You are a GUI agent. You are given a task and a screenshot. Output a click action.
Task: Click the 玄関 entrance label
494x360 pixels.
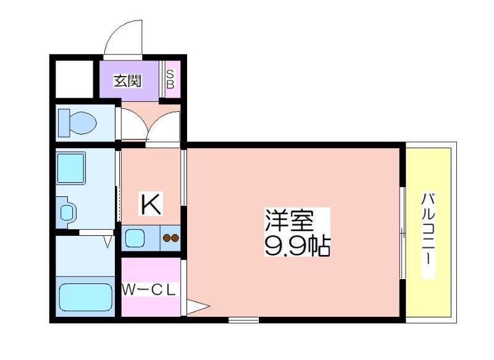click(128, 81)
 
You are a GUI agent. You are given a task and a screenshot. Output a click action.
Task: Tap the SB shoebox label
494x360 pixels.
click(170, 80)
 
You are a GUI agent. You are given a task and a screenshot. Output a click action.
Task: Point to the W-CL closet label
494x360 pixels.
click(149, 290)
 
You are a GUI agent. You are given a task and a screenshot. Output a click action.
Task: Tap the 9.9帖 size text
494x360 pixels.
click(297, 245)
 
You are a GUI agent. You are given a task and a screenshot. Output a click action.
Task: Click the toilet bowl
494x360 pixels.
click(83, 123)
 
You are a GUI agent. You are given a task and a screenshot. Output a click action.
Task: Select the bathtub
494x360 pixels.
click(86, 297)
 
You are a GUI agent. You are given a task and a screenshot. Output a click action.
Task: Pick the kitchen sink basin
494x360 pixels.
click(135, 238)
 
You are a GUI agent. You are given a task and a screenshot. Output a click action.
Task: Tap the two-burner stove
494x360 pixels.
click(171, 238)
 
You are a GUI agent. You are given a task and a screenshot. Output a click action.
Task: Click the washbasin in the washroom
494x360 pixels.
click(67, 212)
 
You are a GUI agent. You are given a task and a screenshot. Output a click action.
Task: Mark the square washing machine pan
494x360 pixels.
click(71, 167)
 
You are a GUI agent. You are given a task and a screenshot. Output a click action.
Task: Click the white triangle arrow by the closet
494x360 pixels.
click(198, 306)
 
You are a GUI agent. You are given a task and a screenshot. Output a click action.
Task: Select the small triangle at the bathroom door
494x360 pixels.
click(108, 241)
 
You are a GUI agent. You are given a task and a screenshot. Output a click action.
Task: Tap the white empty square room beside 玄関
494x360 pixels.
click(74, 79)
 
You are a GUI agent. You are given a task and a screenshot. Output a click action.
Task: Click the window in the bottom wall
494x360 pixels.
click(243, 320)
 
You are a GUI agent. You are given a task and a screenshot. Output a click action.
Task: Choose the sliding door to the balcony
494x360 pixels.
click(403, 233)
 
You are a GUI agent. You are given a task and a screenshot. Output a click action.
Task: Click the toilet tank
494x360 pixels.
click(64, 123)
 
